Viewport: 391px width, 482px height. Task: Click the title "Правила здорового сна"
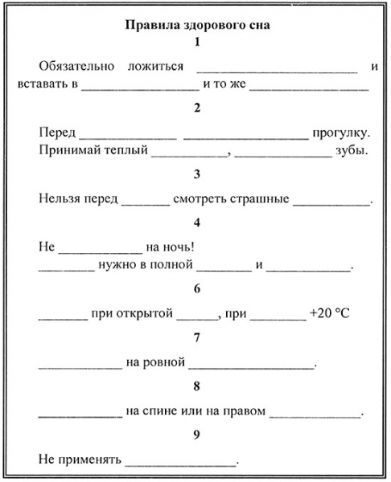pos(196,24)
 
